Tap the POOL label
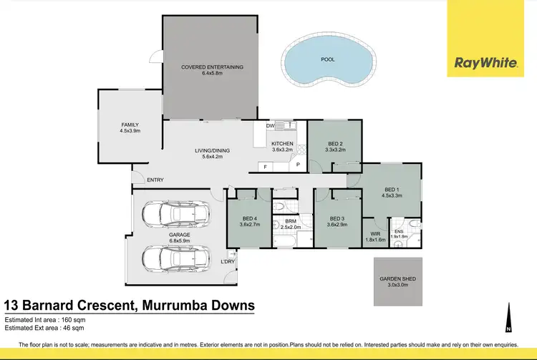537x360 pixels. coord(327,61)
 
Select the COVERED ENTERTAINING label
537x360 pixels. coord(212,67)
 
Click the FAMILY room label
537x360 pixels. coord(130,125)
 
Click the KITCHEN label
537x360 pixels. coord(283,144)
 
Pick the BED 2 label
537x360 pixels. coord(335,144)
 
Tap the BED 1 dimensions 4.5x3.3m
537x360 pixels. coord(391,195)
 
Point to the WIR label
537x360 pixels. coord(375,233)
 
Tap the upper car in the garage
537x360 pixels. coord(175,213)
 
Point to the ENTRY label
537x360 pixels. coord(155,180)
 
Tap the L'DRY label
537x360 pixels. coord(228,262)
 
